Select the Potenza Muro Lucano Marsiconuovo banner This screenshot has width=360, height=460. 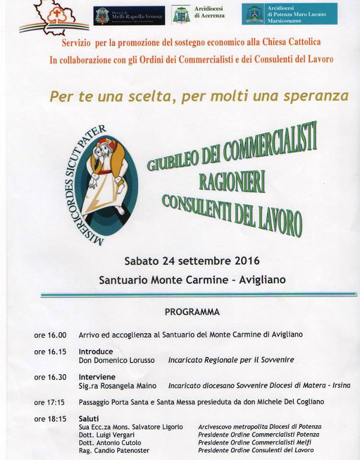[x=289, y=14]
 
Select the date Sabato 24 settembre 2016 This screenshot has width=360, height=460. [x=184, y=261]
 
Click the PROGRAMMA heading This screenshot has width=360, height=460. [x=192, y=312]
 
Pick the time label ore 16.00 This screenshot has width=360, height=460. [x=50, y=335]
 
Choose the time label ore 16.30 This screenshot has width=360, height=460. [x=50, y=377]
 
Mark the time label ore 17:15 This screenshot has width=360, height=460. [x=50, y=402]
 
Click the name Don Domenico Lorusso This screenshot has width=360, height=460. [x=116, y=360]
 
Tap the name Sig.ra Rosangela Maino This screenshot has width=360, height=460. [x=118, y=386]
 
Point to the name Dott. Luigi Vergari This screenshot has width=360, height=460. [x=107, y=434]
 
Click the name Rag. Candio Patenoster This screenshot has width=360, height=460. [x=114, y=450]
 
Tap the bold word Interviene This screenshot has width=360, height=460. [x=97, y=377]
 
